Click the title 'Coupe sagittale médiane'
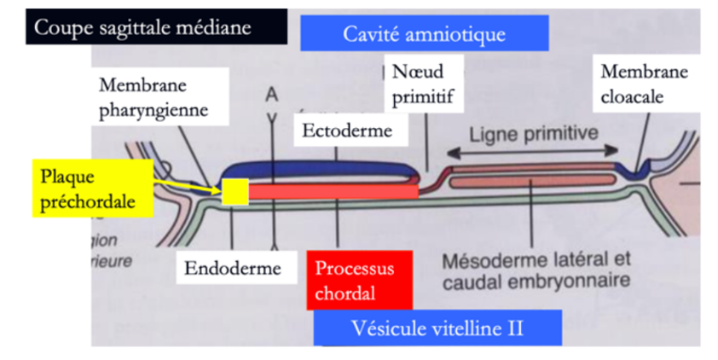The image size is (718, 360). (142, 27)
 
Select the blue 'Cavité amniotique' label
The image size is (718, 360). (424, 34)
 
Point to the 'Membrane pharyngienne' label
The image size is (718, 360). (153, 98)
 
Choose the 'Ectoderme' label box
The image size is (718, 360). (346, 131)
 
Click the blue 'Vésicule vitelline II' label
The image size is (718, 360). (437, 328)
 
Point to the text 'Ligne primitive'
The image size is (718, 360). (534, 134)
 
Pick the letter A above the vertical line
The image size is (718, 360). (272, 92)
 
